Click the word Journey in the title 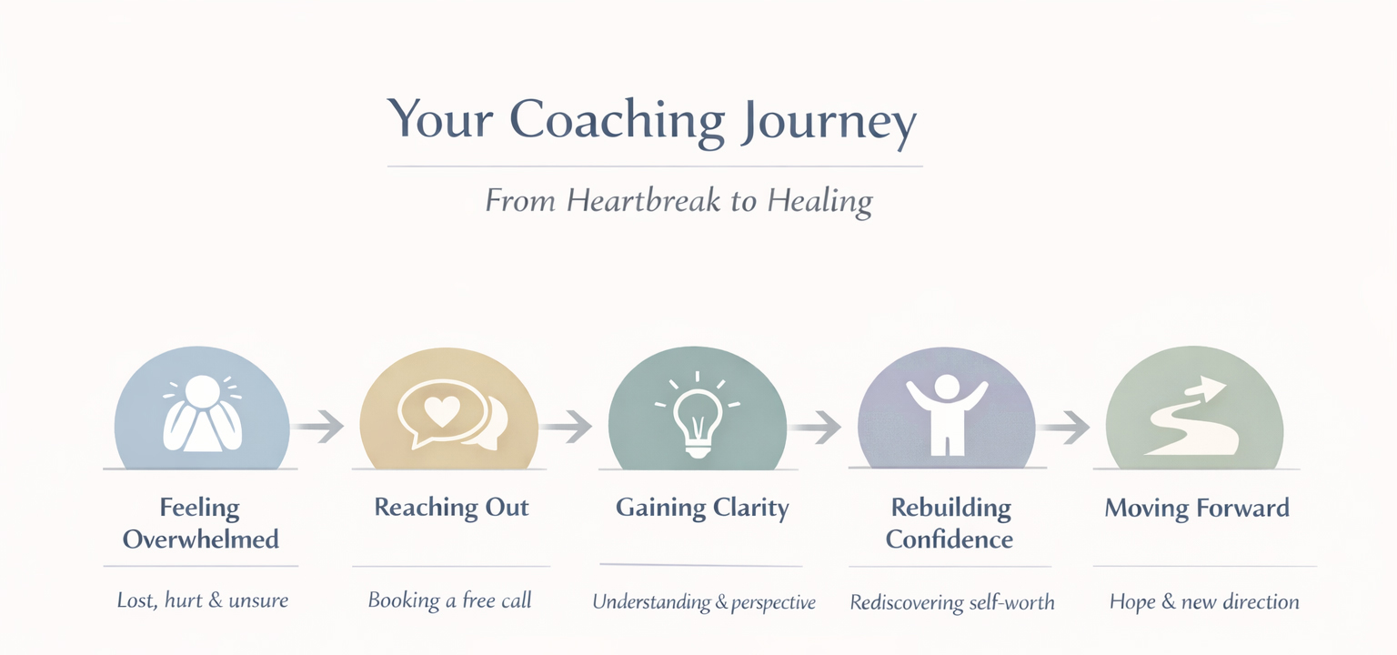point(827,120)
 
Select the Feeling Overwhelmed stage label point(200,522)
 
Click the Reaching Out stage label point(451,507)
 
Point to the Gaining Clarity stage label point(701,507)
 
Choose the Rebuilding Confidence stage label point(950,522)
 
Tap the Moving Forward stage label point(1197,507)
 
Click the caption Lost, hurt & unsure point(202,600)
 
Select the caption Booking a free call point(449,600)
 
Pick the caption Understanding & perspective point(704,601)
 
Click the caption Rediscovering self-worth point(951,601)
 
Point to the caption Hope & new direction point(1204,601)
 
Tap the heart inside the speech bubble point(443,411)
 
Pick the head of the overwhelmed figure point(201,392)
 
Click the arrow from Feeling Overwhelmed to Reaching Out point(319,425)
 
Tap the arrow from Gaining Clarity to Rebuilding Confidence point(816,425)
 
